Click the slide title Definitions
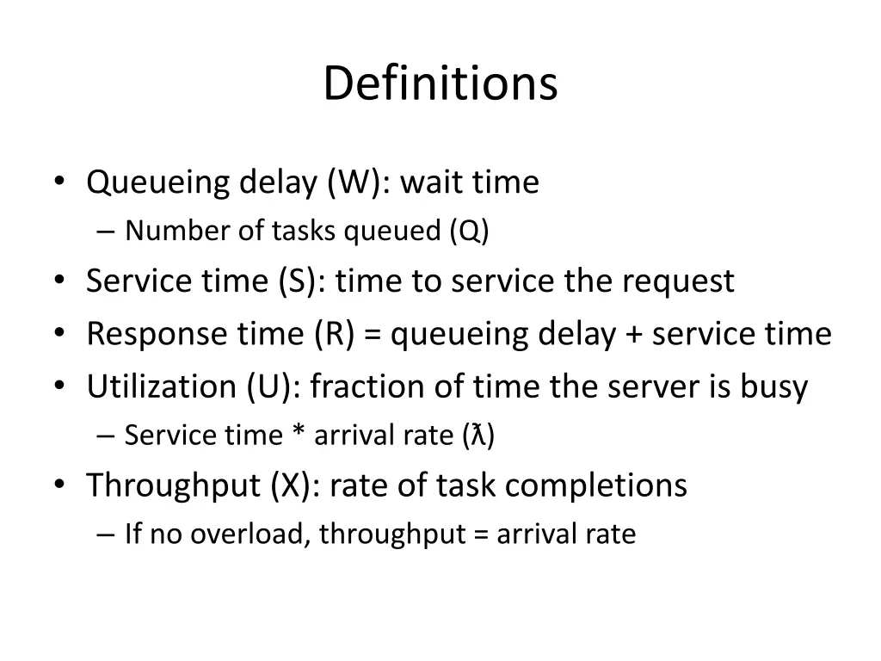(440, 84)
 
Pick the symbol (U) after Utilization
(270, 386)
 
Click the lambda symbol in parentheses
(477, 436)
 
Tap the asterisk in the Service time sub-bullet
(298, 436)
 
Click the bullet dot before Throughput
(59, 485)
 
